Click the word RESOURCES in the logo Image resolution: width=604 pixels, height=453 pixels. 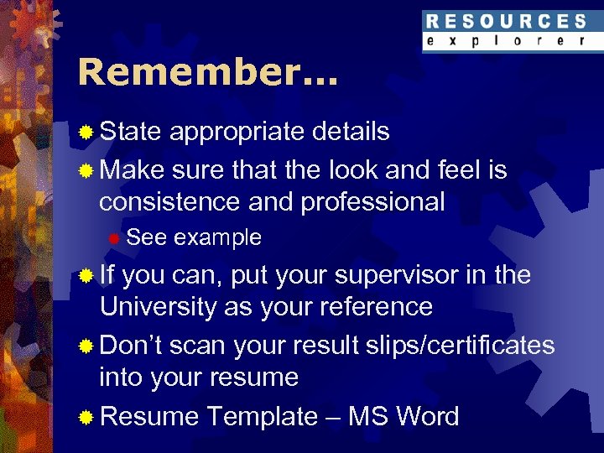coord(505,21)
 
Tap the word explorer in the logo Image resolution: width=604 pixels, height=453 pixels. coord(505,40)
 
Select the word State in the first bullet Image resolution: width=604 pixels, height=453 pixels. coord(131,132)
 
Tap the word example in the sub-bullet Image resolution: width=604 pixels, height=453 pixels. coord(218,238)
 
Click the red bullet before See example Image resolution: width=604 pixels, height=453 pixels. coord(115,239)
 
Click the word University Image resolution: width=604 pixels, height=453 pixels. coord(157,307)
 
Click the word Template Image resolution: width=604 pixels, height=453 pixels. coord(262,416)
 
